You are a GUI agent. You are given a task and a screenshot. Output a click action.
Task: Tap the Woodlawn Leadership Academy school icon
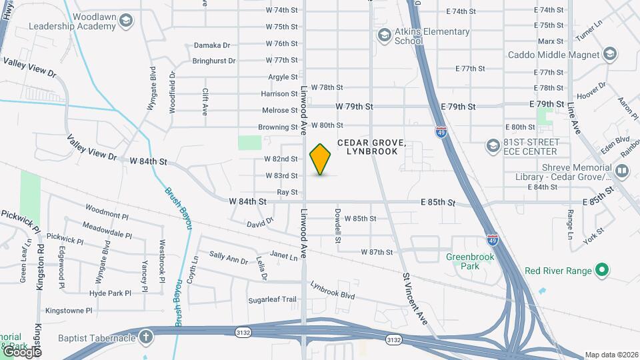click(125, 22)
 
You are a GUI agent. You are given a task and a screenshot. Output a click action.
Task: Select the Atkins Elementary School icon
click(383, 35)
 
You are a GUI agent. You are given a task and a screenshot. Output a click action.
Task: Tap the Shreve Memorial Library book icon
click(621, 171)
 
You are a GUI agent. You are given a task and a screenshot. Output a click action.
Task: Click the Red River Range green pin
click(601, 270)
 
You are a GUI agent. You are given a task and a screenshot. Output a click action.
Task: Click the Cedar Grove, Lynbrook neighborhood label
click(371, 147)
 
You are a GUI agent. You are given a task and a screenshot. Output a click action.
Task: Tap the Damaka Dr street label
click(212, 45)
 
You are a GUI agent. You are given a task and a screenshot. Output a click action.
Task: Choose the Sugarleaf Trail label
click(272, 299)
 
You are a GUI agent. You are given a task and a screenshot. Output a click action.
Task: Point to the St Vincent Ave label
click(414, 297)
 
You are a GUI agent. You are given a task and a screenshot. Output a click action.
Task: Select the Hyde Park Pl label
click(109, 293)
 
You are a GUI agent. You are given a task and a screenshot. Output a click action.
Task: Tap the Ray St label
click(287, 192)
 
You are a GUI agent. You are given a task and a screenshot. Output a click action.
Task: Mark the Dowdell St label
click(338, 227)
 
